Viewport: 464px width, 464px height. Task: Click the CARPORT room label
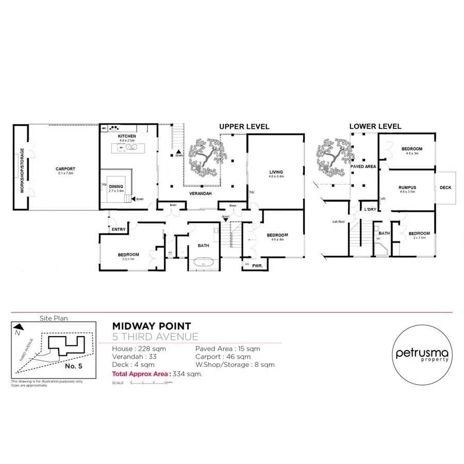65,169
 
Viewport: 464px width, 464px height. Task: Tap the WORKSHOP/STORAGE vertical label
22,170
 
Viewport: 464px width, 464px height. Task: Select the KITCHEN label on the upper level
126,136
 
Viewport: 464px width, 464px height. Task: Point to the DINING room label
116,187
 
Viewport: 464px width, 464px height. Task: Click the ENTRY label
118,229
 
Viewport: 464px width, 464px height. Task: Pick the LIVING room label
277,172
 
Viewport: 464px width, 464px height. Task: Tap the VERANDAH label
198,194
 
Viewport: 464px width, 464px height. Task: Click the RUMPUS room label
407,188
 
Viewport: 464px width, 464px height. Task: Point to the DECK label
445,188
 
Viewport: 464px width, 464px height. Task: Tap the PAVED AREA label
363,167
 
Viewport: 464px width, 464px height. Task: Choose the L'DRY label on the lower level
370,210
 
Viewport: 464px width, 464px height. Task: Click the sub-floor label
338,222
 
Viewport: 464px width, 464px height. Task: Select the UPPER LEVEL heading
244,126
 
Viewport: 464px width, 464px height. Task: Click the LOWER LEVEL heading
375,126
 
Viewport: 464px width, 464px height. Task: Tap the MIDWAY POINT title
152,326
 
